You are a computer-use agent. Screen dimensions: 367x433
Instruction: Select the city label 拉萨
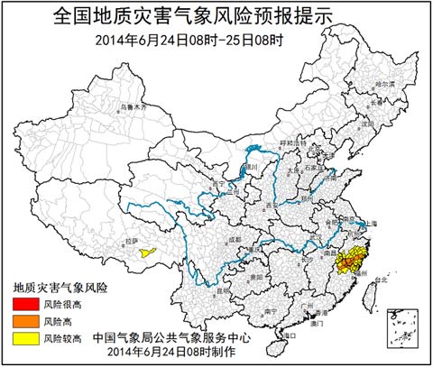[x=132, y=241]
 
